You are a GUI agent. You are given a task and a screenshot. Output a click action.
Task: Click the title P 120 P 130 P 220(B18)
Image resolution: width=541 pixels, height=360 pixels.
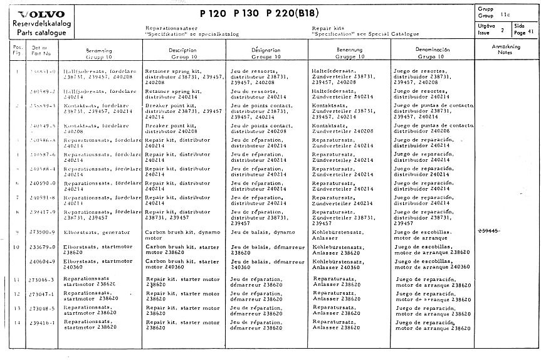[256, 14]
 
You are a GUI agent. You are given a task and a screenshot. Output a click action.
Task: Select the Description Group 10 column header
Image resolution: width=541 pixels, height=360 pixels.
[165, 52]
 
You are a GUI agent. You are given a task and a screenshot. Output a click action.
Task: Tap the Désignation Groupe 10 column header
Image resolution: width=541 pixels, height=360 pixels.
[248, 52]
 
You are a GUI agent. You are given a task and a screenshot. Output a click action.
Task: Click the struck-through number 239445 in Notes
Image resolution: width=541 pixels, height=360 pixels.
[489, 231]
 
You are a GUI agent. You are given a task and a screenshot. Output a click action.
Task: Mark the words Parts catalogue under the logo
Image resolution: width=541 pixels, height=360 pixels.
[37, 30]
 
